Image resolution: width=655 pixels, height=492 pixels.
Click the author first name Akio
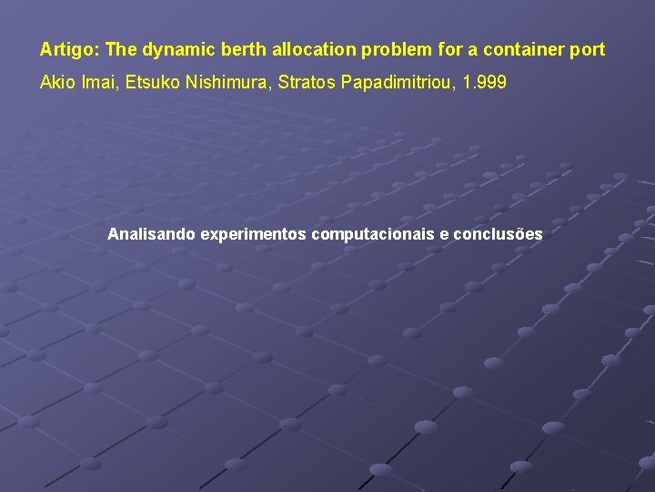pyautogui.click(x=56, y=83)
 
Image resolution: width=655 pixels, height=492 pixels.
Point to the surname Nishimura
pyautogui.click(x=227, y=83)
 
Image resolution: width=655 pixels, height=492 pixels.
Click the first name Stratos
pyautogui.click(x=307, y=83)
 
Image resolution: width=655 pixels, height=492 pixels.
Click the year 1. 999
pyautogui.click(x=485, y=83)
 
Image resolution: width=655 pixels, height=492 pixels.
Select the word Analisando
pyautogui.click(x=151, y=234)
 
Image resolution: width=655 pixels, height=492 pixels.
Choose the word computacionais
pyautogui.click(x=373, y=234)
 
